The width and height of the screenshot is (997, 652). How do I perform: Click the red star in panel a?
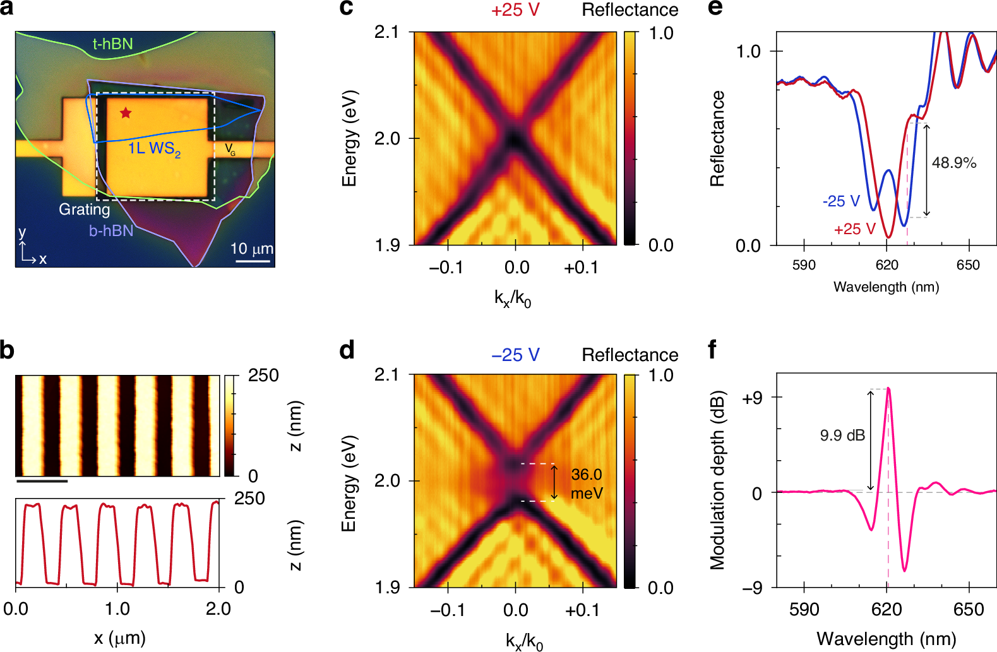click(x=126, y=113)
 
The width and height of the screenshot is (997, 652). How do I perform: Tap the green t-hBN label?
click(x=112, y=44)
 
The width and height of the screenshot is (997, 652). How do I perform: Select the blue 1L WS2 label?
click(x=154, y=149)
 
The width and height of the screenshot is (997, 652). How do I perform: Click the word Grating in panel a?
click(x=84, y=209)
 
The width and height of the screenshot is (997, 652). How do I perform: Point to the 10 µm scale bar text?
click(x=251, y=249)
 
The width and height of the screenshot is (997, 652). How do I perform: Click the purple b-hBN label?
click(x=111, y=230)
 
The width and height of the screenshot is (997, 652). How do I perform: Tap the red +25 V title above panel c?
click(x=515, y=10)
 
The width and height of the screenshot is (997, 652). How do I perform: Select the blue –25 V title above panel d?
click(x=515, y=355)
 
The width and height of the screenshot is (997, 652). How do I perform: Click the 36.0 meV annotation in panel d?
click(x=587, y=483)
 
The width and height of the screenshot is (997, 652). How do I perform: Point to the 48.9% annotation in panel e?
click(x=954, y=163)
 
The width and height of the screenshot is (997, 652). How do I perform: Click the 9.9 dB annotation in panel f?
click(x=842, y=436)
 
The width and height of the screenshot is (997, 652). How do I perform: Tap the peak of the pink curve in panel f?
click(x=888, y=389)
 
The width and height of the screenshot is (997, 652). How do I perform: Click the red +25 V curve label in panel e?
click(x=854, y=229)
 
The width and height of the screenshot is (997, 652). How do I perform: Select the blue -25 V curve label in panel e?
click(x=841, y=201)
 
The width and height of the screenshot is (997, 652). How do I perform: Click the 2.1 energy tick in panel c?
click(x=386, y=32)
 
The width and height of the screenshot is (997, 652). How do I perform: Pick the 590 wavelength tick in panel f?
click(x=804, y=609)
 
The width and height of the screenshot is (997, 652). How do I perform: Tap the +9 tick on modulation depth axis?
click(x=752, y=398)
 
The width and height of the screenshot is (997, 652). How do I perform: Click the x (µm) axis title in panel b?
click(x=119, y=637)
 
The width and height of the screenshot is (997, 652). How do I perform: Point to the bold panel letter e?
click(x=715, y=8)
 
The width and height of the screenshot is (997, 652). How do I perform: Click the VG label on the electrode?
click(x=230, y=150)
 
